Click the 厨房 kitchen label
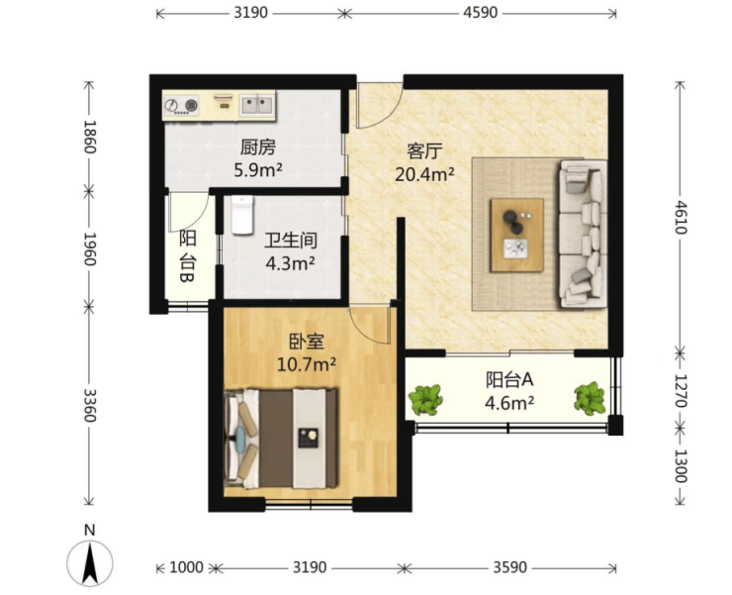[x=258, y=148]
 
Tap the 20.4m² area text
[x=424, y=174]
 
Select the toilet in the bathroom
[x=242, y=215]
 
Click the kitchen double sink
[x=256, y=105]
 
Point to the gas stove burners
[x=182, y=105]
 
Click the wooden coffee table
[x=516, y=235]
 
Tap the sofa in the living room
[x=583, y=234]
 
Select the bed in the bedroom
[x=281, y=439]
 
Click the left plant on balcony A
[x=425, y=400]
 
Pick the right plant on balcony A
[x=591, y=398]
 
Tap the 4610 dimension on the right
[x=682, y=217]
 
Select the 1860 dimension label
[x=89, y=137]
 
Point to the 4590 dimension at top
[x=481, y=13]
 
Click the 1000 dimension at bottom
[x=186, y=567]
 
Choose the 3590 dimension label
[x=509, y=567]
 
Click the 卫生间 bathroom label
[x=291, y=241]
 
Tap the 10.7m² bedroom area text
[x=307, y=363]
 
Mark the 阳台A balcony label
[x=509, y=379]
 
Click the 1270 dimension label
[x=682, y=390]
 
